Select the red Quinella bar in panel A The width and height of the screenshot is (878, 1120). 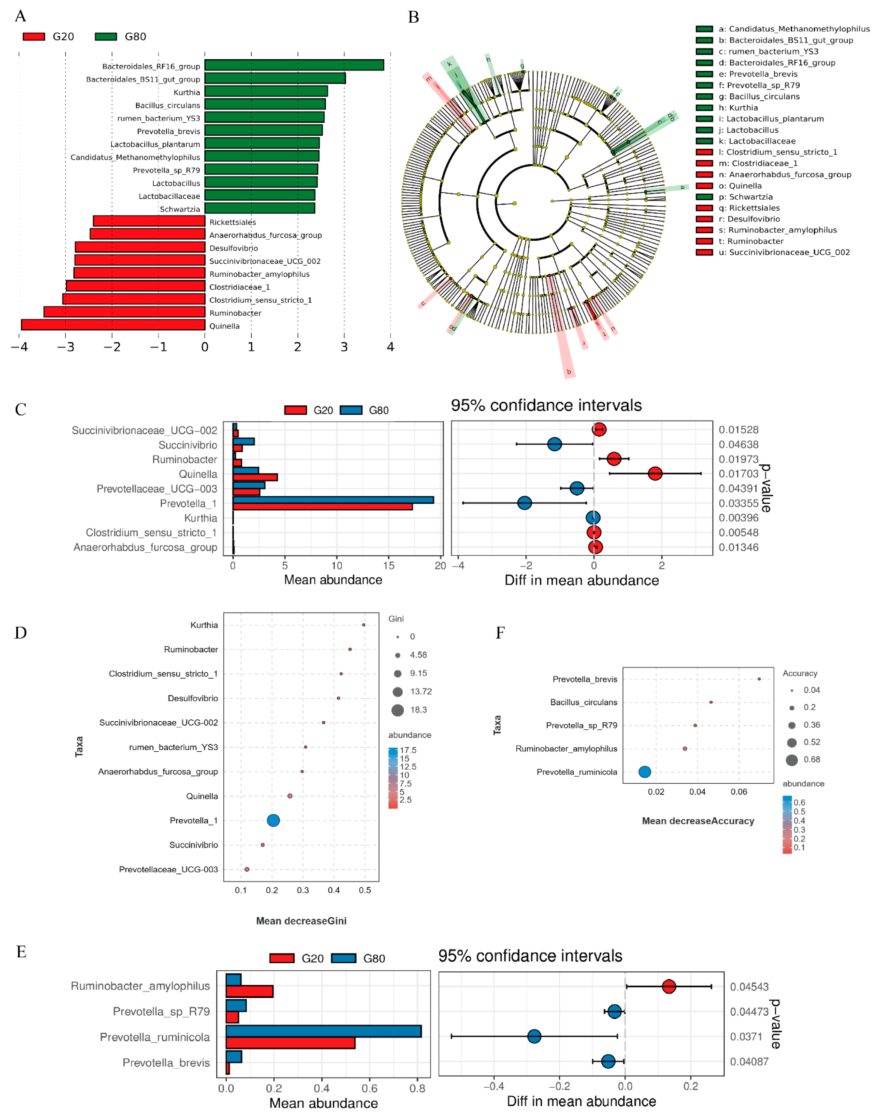point(113,325)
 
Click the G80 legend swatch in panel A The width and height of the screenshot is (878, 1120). point(106,37)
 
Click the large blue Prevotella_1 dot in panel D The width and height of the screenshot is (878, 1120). point(273,820)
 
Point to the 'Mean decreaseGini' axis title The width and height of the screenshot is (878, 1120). point(301,921)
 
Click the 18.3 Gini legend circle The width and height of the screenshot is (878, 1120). point(397,710)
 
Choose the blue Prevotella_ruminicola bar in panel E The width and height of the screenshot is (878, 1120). point(323,1031)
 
